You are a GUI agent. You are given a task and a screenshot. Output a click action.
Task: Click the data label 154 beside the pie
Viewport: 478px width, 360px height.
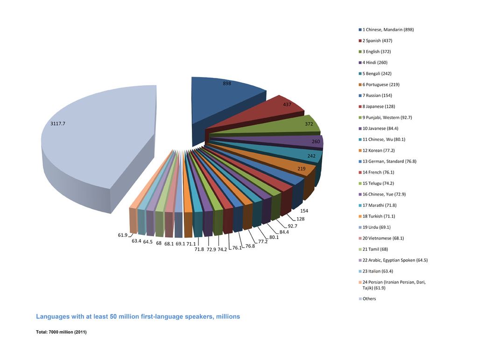pyautogui.click(x=304, y=211)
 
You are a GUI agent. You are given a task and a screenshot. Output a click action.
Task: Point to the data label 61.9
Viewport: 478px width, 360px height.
pyautogui.click(x=122, y=235)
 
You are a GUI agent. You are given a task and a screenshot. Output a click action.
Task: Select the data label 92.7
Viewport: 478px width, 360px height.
pyautogui.click(x=293, y=226)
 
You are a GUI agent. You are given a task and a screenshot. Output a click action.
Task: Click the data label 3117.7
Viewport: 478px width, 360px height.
pyautogui.click(x=61, y=124)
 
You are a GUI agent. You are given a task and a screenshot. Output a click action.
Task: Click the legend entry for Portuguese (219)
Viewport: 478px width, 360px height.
pyautogui.click(x=380, y=85)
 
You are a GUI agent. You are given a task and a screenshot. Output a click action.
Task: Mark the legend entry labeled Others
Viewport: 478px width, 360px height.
pyautogui.click(x=369, y=299)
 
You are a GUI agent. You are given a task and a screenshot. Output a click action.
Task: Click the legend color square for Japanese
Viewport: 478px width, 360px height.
pyautogui.click(x=360, y=106)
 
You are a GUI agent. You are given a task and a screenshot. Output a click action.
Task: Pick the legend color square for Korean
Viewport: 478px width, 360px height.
pyautogui.click(x=360, y=150)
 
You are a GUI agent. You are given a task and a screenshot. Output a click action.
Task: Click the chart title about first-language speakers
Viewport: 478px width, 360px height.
pyautogui.click(x=138, y=317)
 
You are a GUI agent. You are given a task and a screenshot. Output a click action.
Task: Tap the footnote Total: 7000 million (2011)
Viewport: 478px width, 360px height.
pyautogui.click(x=62, y=332)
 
